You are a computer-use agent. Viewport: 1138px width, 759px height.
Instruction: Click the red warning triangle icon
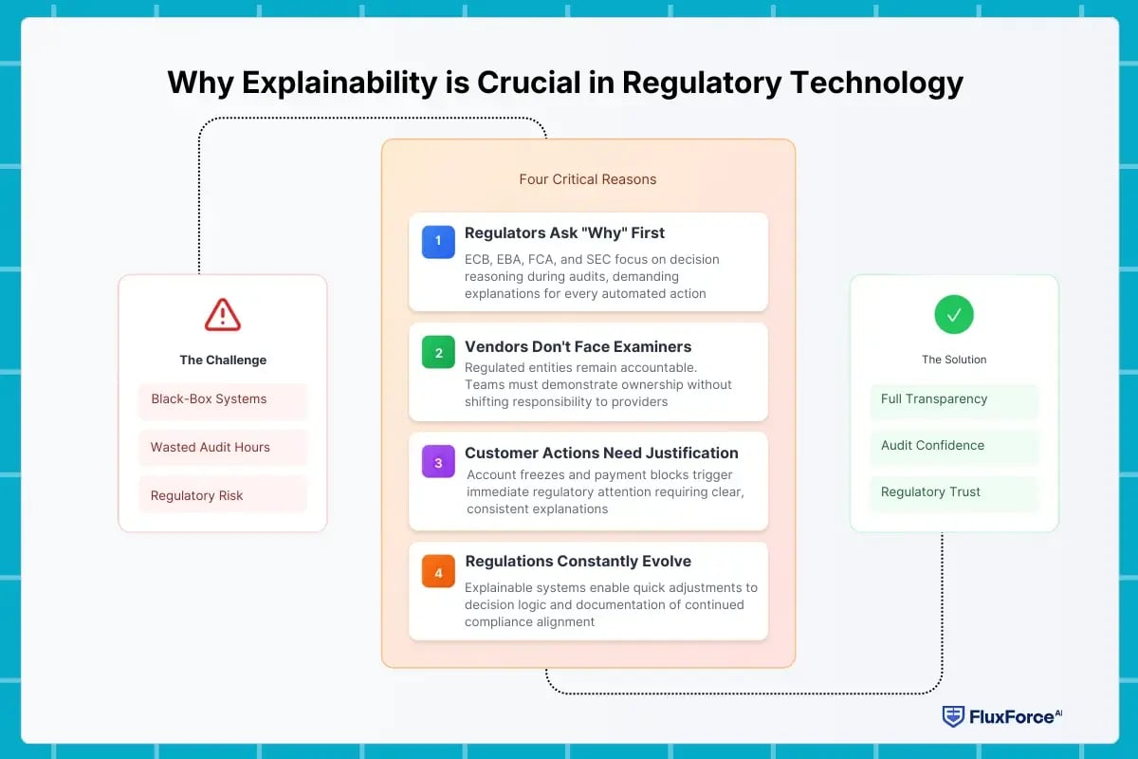(x=223, y=315)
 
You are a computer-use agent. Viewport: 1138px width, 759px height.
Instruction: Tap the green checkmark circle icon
(x=954, y=314)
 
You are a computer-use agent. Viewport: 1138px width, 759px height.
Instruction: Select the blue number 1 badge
(x=438, y=241)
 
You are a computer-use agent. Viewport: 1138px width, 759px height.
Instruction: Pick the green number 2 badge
(x=438, y=352)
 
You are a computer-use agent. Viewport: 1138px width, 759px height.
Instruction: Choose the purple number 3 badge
(x=438, y=462)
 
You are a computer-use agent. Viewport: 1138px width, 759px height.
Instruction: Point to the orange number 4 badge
(x=438, y=572)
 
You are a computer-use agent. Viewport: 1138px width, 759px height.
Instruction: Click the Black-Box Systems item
(x=223, y=399)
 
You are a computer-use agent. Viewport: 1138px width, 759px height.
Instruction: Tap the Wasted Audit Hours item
(x=223, y=447)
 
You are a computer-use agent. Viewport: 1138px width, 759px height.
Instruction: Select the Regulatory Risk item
(x=223, y=495)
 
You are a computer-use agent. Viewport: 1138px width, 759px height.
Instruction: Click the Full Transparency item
(x=954, y=399)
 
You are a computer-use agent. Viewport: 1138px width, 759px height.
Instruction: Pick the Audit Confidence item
(x=954, y=446)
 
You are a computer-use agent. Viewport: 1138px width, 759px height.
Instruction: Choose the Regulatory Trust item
(x=954, y=492)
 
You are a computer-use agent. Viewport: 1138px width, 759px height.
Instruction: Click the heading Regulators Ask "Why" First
(x=564, y=233)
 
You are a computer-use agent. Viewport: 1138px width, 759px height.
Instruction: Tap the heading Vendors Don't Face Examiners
(x=578, y=347)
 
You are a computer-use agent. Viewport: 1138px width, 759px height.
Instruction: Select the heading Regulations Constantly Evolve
(x=578, y=562)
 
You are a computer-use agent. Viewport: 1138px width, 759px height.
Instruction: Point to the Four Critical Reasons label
(x=588, y=179)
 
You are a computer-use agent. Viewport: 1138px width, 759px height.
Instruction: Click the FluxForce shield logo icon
(x=952, y=716)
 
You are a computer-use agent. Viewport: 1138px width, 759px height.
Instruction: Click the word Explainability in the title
(x=340, y=83)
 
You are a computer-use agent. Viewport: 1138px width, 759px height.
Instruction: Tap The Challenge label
(x=223, y=361)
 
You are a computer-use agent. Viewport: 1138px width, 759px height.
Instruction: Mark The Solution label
(x=954, y=360)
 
